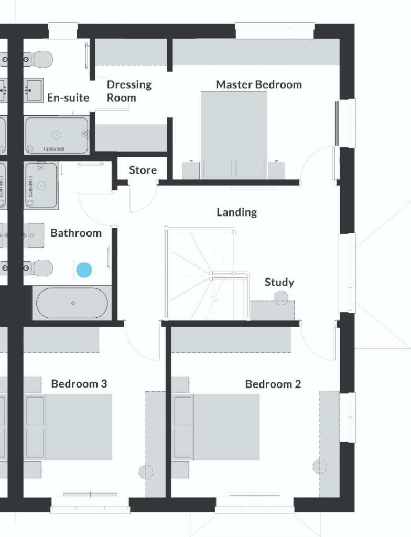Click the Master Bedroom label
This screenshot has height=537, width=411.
pyautogui.click(x=258, y=84)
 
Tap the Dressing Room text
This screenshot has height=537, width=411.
pyautogui.click(x=128, y=91)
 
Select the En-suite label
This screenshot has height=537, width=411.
pyautogui.click(x=68, y=98)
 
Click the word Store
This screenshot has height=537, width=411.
pyautogui.click(x=143, y=170)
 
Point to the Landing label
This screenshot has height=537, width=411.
pyautogui.click(x=237, y=212)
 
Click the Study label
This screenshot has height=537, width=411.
pyautogui.click(x=279, y=282)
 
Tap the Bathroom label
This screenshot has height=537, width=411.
pyautogui.click(x=76, y=233)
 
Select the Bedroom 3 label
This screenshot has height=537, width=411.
pyautogui.click(x=79, y=384)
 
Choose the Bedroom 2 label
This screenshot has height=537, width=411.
pyautogui.click(x=273, y=384)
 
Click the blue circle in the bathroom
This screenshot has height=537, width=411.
pyautogui.click(x=84, y=270)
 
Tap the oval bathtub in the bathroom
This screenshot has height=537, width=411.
pyautogui.click(x=72, y=303)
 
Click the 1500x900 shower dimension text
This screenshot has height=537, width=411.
pyautogui.click(x=53, y=149)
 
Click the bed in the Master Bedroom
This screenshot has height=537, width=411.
pyautogui.click(x=234, y=131)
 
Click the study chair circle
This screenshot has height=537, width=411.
pyautogui.click(x=282, y=298)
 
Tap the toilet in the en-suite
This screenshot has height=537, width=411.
pyautogui.click(x=41, y=59)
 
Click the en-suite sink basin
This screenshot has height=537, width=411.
pyautogui.click(x=35, y=90)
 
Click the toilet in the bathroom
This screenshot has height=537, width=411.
pyautogui.click(x=41, y=268)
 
